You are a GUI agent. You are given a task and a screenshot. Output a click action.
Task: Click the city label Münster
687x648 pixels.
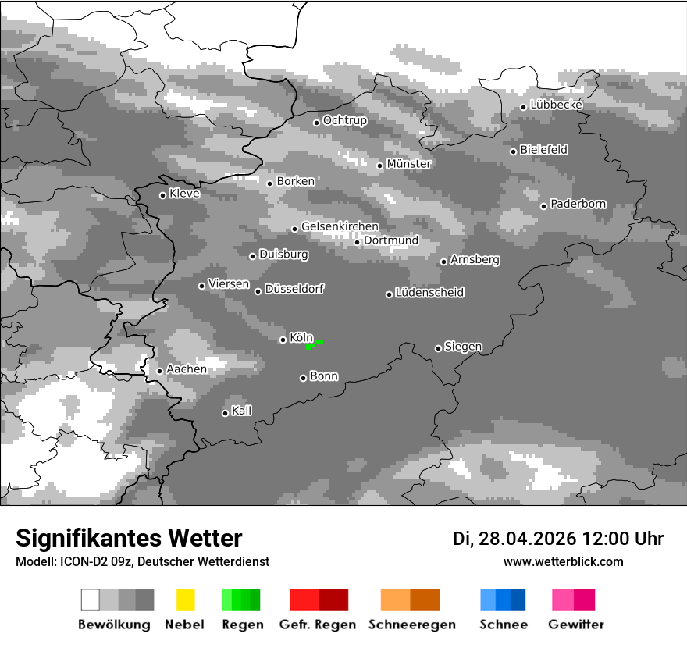click(x=409, y=164)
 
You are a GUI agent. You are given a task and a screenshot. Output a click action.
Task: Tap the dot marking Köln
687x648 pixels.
click(x=283, y=340)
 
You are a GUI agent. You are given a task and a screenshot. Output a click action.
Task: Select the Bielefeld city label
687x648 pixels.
click(x=543, y=150)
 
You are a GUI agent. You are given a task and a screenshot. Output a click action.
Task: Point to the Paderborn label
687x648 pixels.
click(x=578, y=205)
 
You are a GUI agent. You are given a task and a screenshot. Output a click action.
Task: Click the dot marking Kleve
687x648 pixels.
click(x=162, y=195)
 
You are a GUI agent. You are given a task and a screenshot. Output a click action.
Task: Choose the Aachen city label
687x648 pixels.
click(x=187, y=369)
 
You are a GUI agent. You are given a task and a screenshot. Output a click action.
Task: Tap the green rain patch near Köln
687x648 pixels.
click(x=312, y=344)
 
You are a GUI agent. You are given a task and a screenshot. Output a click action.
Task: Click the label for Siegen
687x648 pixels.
click(x=463, y=347)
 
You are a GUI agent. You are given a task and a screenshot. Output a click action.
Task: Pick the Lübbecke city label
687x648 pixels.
click(x=557, y=105)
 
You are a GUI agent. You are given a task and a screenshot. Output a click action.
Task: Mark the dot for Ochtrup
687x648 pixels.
click(x=316, y=122)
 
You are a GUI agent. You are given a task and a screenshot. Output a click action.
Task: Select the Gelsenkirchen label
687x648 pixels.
click(x=340, y=226)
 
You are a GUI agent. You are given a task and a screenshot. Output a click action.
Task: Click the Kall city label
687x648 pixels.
click(x=241, y=411)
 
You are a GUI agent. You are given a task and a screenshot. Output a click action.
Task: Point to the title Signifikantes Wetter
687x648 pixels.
click(x=129, y=538)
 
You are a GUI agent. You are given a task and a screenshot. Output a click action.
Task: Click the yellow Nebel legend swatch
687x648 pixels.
click(x=186, y=600)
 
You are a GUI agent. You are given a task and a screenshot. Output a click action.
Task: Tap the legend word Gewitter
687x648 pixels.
click(x=575, y=625)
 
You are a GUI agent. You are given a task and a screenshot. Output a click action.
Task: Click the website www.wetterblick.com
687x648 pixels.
click(x=563, y=561)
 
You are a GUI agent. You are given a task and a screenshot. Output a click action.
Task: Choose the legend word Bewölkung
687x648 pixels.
click(x=114, y=625)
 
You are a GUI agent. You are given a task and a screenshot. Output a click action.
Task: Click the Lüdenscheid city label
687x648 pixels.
click(x=429, y=293)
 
